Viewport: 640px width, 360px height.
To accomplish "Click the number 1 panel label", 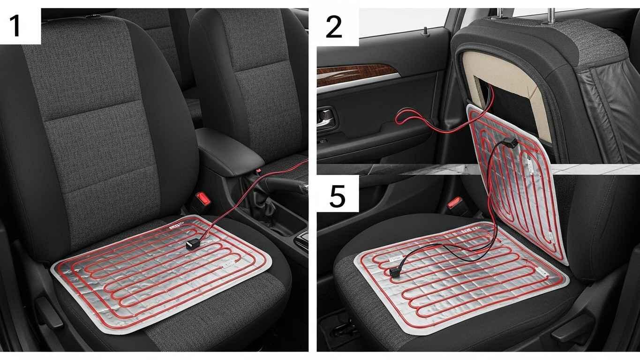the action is pyautogui.click(x=15, y=26).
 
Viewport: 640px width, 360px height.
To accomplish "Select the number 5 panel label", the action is pyautogui.click(x=338, y=196).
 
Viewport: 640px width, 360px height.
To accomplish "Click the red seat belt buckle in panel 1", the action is pyautogui.click(x=203, y=199).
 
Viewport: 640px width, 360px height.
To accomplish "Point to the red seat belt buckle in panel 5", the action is pyautogui.click(x=455, y=202).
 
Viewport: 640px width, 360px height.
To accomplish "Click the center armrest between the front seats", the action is pyautogui.click(x=229, y=151).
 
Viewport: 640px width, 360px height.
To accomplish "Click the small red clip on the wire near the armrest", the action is pyautogui.click(x=259, y=171).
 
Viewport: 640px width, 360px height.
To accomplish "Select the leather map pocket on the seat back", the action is pyautogui.click(x=606, y=114).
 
